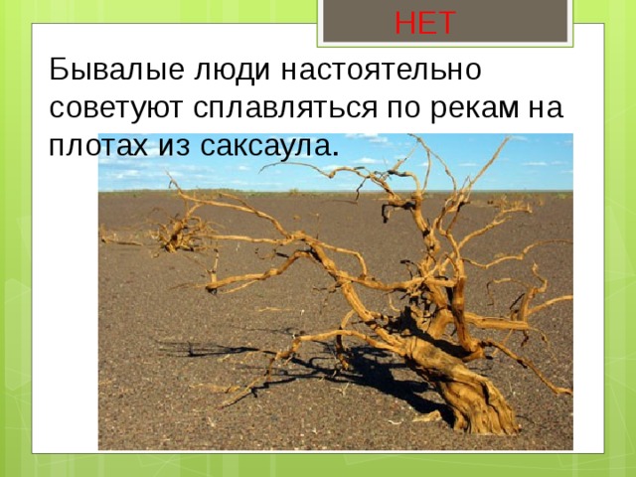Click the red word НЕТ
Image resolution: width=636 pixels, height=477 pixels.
pyautogui.click(x=424, y=21)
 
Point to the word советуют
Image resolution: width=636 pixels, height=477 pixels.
pyautogui.click(x=113, y=106)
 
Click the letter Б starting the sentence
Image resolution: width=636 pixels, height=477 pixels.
pyautogui.click(x=59, y=72)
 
